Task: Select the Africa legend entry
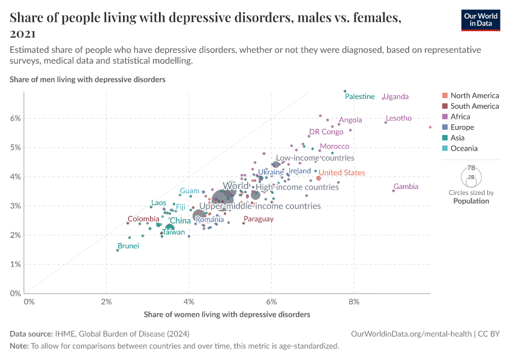coord(460,116)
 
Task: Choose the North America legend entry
coord(474,95)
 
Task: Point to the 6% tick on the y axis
coord(14,118)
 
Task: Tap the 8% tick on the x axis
coord(355,301)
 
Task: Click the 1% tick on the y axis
coord(14,265)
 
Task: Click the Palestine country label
coord(360,97)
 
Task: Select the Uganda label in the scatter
coord(395,97)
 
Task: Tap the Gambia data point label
coord(406,187)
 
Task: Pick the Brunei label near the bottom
coord(128,246)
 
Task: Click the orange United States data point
coord(319,178)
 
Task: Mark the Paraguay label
coord(259,219)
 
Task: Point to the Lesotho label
coord(399,118)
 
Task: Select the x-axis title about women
coord(227,314)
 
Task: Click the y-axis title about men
coord(88,79)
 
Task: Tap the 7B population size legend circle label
coord(470,169)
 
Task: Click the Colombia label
coord(143,219)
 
